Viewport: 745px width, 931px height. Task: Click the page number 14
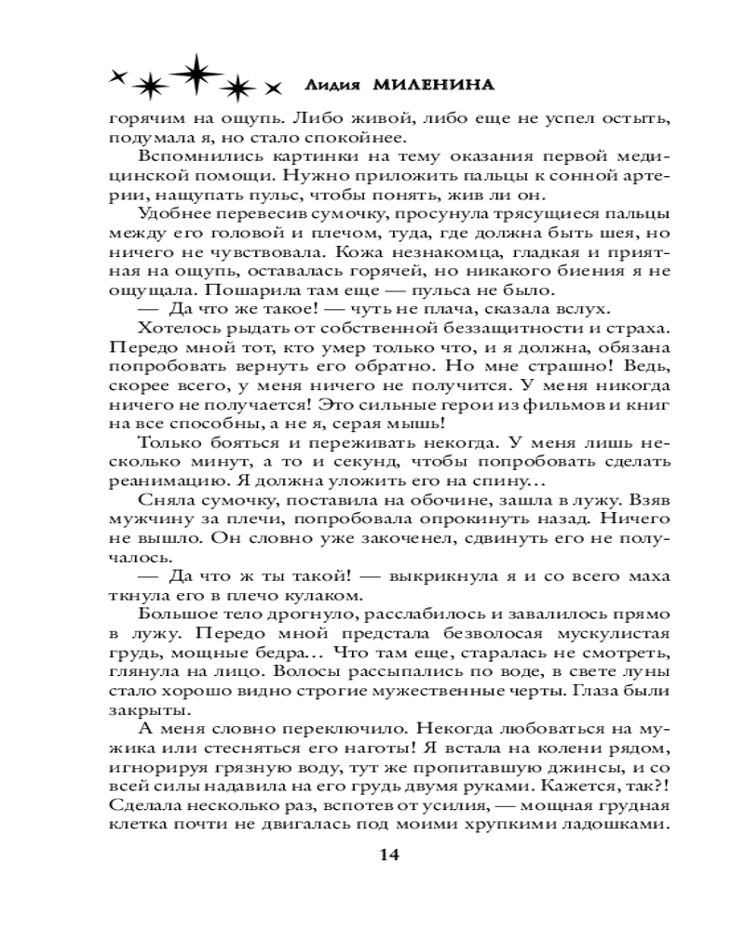pyautogui.click(x=388, y=857)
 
